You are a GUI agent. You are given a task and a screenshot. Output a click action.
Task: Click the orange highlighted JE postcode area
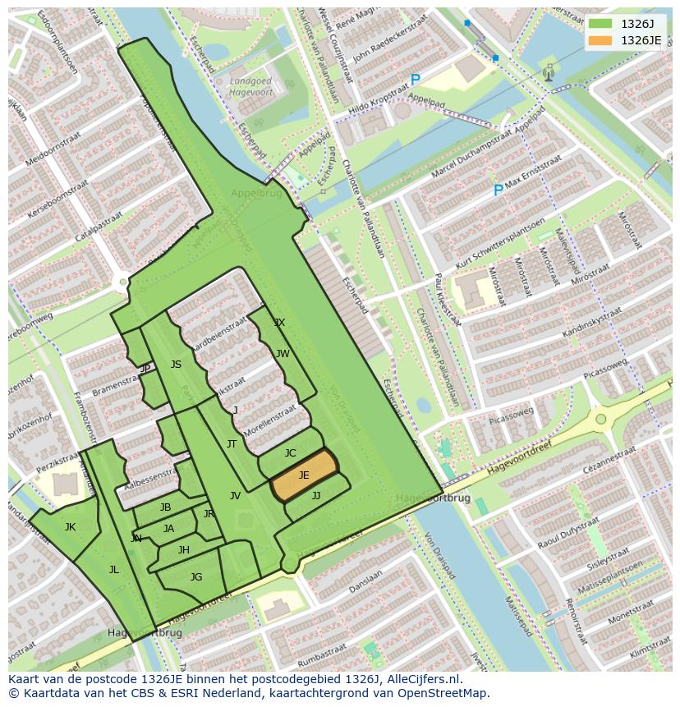point(304,475)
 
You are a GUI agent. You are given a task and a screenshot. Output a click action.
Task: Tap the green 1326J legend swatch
point(600,24)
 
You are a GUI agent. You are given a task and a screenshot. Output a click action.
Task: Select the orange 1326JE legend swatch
point(600,40)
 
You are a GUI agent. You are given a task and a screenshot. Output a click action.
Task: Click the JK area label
point(70,527)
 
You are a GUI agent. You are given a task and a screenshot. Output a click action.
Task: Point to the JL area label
point(113,569)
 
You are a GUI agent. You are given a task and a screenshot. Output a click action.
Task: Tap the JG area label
point(195,577)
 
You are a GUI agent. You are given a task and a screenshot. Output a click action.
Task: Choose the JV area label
point(235,496)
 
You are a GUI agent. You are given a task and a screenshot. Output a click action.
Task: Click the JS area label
point(176,365)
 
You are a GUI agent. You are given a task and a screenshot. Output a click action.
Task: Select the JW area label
point(283,354)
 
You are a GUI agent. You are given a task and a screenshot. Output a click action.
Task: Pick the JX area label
point(279,323)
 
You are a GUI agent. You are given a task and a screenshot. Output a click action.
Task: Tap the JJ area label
point(316,496)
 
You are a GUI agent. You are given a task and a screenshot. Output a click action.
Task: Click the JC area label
point(290,453)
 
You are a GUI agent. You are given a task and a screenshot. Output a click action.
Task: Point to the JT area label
point(232,444)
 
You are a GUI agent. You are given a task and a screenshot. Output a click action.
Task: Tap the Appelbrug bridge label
point(255,194)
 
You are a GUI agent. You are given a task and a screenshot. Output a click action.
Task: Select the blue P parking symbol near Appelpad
point(415,80)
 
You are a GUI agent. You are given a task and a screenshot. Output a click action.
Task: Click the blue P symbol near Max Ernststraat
point(498,191)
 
